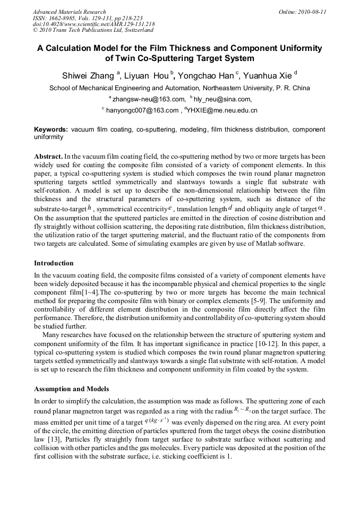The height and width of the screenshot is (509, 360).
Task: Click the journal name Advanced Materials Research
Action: coord(69,12)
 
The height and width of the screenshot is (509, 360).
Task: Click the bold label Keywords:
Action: coord(51,130)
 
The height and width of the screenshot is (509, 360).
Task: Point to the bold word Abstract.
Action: coord(48,157)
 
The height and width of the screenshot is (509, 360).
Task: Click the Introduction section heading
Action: coord(54,263)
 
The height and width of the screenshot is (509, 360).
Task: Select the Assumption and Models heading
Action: coord(71,389)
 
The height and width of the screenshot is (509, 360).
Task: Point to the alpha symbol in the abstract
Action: coord(320,209)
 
